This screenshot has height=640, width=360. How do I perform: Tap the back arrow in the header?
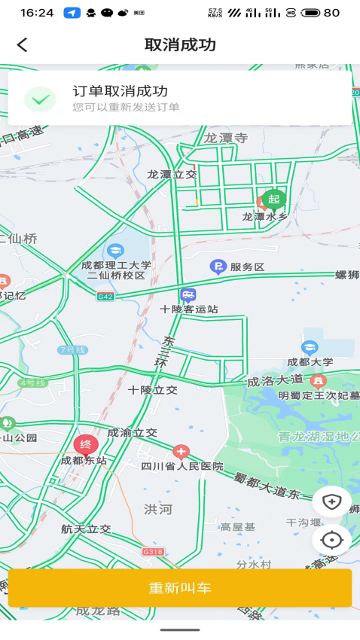click(22, 45)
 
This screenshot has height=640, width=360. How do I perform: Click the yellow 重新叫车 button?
click(180, 588)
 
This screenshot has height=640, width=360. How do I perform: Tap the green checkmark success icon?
click(40, 99)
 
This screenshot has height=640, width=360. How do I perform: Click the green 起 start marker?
click(273, 199)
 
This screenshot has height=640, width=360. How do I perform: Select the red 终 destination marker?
click(85, 444)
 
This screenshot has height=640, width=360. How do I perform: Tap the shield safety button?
click(332, 501)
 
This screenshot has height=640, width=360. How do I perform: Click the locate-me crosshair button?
click(332, 540)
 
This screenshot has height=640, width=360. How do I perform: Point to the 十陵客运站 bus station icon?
click(188, 295)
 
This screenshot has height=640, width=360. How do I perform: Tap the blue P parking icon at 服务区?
click(218, 267)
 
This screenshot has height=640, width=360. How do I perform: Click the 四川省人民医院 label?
click(182, 467)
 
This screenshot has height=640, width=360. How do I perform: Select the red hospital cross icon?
click(181, 452)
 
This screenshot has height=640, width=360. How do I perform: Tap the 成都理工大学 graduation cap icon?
click(115, 250)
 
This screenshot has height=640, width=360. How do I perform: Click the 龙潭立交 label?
click(172, 175)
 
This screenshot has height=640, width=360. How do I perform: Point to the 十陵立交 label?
click(153, 390)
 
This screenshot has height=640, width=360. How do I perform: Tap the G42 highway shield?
click(105, 297)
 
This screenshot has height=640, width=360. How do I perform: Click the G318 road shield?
click(153, 552)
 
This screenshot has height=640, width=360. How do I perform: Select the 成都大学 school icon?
click(310, 347)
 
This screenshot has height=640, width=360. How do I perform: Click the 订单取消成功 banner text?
click(120, 91)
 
